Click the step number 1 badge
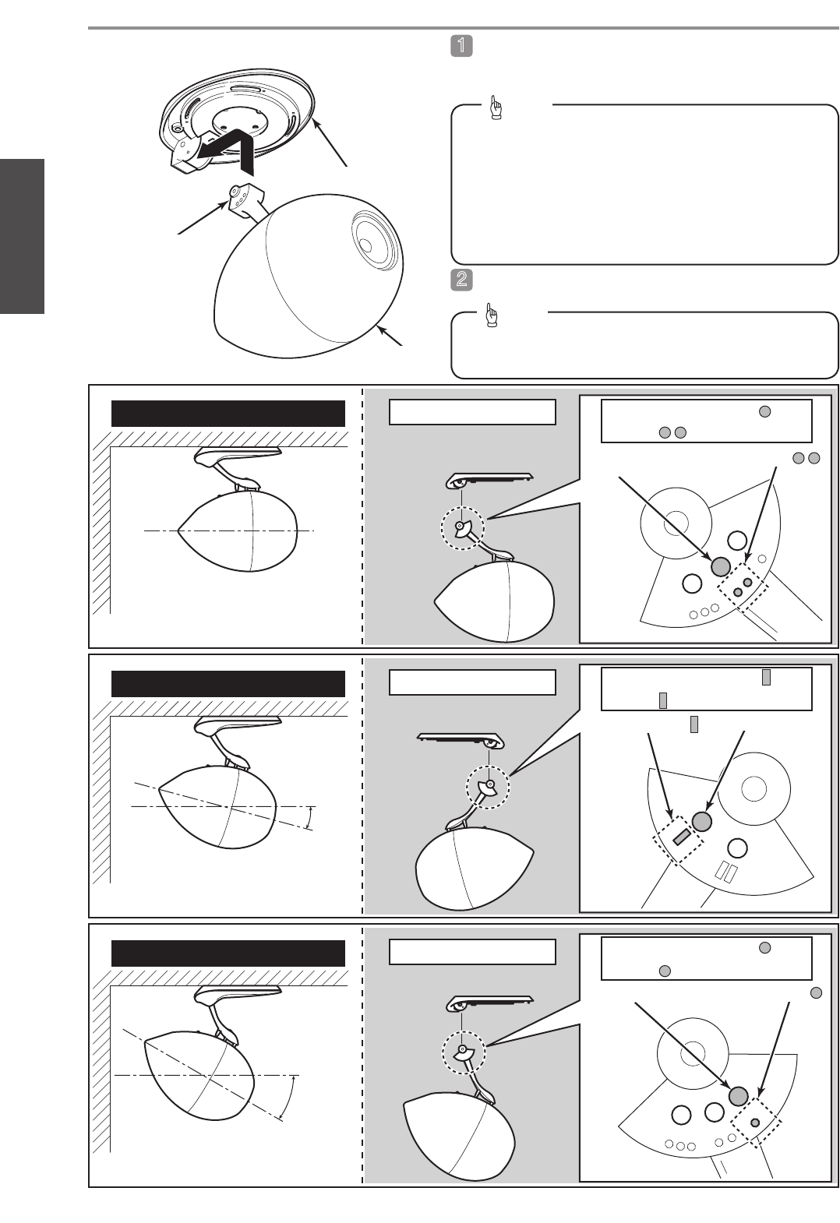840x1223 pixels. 461,46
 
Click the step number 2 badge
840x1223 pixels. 461,280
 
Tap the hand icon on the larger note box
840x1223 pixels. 496,107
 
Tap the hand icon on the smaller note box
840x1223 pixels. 492,315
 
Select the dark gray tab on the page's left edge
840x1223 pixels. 22,236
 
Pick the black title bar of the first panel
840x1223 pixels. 228,414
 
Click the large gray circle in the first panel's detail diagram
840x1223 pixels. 721,567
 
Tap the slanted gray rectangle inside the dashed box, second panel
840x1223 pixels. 681,836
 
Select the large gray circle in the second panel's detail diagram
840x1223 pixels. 702,821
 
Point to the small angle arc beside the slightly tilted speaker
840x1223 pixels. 311,817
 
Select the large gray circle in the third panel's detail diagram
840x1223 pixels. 738,1095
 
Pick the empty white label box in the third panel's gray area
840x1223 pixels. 472,952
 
